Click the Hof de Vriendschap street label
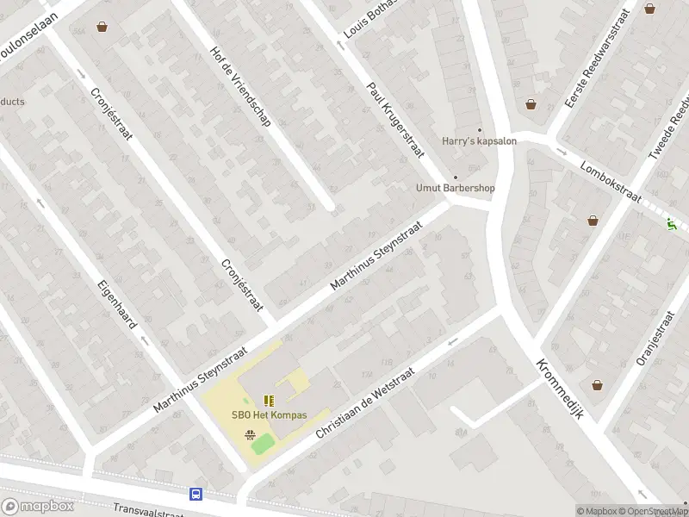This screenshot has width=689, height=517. (x=240, y=86)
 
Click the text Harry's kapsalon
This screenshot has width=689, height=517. (x=479, y=141)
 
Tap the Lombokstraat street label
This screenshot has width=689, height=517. (x=611, y=180)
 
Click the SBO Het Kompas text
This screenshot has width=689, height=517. (x=269, y=414)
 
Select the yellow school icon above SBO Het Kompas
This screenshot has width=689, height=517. (x=269, y=400)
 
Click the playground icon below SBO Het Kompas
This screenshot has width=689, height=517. (x=251, y=434)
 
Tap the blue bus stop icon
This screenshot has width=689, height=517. (x=196, y=494)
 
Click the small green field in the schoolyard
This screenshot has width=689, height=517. (x=263, y=444)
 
